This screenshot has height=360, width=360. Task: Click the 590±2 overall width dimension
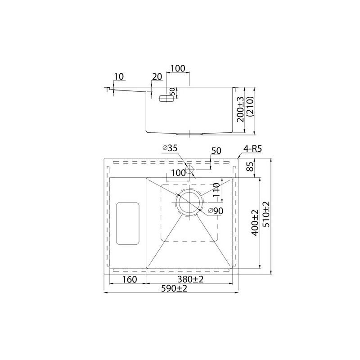(x=174, y=288)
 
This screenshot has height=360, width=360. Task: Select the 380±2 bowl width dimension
(x=190, y=279)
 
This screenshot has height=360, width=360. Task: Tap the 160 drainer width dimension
(x=130, y=279)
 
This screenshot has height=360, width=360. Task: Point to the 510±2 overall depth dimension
(x=267, y=214)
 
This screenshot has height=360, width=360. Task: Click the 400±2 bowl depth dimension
(x=255, y=223)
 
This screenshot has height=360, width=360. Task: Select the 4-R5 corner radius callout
(x=252, y=149)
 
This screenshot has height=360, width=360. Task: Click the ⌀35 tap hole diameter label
(x=170, y=148)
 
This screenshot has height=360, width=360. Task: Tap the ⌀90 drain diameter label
(x=215, y=211)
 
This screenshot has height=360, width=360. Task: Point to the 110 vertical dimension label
(x=216, y=190)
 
